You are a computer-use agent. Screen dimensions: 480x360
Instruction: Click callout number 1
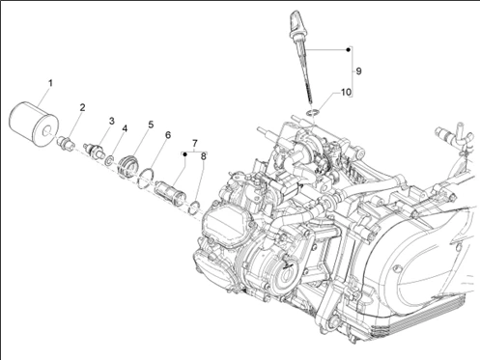[x=50, y=83]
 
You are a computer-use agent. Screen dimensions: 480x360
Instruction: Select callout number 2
[x=82, y=107]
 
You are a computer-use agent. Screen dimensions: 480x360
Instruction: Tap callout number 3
[x=111, y=122]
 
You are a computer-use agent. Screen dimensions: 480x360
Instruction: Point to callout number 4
[x=125, y=128]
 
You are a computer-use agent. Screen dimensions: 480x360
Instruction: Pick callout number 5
[x=151, y=125]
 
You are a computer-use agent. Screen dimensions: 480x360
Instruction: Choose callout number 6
[x=168, y=135]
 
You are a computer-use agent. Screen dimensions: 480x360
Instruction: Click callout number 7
[x=194, y=143]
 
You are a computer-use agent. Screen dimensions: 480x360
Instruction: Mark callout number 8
[x=203, y=156]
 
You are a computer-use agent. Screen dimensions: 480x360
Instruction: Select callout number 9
[x=358, y=71]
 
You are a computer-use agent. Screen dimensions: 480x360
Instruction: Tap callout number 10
[x=346, y=93]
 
